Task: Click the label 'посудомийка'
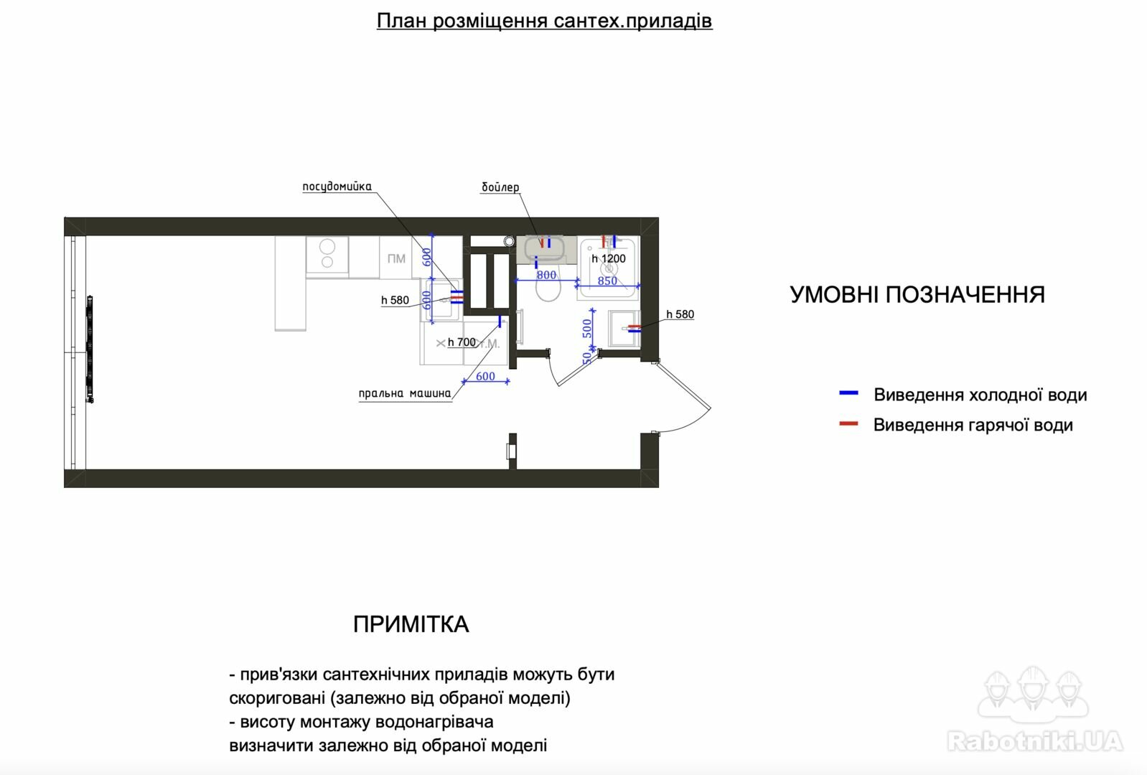pos(337,187)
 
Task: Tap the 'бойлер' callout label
pos(500,187)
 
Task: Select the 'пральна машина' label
pos(405,393)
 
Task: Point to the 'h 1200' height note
pos(609,258)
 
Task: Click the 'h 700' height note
pos(462,342)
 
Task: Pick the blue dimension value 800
pos(546,275)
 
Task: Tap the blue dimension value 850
pos(607,281)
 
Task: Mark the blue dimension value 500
pos(587,328)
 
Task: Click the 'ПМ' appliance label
pos(396,258)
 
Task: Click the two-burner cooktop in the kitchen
pos(327,255)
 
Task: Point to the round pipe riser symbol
pos(509,241)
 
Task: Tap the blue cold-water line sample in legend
pos(848,393)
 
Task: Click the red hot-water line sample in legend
pos(848,423)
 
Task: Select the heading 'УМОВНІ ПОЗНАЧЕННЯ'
pos(917,295)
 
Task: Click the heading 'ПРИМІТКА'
pos(411,624)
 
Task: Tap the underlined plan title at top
pos(544,21)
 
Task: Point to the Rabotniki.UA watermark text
pos(1035,741)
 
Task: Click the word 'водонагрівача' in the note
pos(435,722)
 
